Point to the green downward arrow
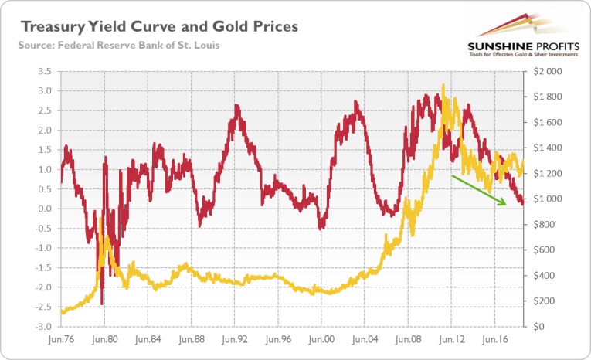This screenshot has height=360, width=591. pyautogui.click(x=479, y=190)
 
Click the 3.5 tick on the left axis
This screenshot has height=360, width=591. pyautogui.click(x=43, y=71)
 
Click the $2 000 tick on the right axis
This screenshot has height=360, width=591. pyautogui.click(x=550, y=71)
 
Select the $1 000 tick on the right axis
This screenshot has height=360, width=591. pyautogui.click(x=550, y=199)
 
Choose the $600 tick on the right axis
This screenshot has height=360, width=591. pyautogui.click(x=546, y=250)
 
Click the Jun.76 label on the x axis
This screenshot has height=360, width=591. pyautogui.click(x=60, y=338)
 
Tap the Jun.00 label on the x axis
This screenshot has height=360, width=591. pyautogui.click(x=321, y=338)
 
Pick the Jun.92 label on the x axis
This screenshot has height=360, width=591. pyautogui.click(x=233, y=338)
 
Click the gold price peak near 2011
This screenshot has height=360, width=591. pyautogui.click(x=443, y=86)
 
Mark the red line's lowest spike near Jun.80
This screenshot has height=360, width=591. pyautogui.click(x=102, y=304)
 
